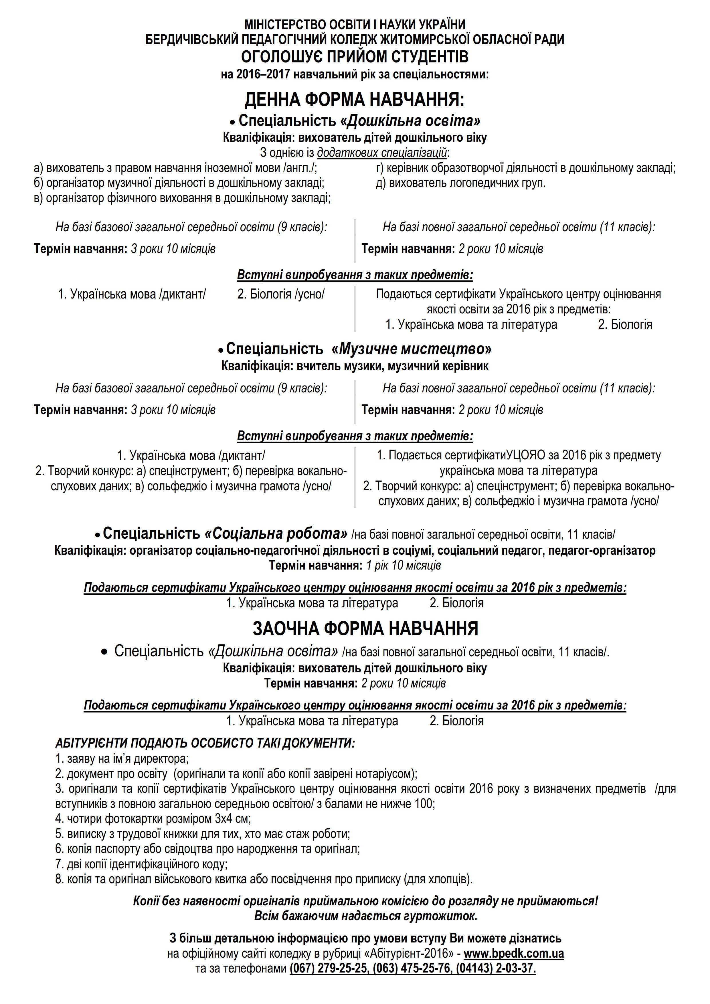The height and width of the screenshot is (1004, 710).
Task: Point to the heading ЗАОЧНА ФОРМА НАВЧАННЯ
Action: tap(365, 629)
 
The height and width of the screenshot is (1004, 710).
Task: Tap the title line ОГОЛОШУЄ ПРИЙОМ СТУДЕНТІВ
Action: tap(355, 57)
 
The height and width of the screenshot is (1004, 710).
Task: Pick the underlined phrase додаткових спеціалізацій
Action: tap(382, 153)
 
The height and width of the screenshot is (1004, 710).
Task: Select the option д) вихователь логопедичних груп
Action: tap(461, 183)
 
